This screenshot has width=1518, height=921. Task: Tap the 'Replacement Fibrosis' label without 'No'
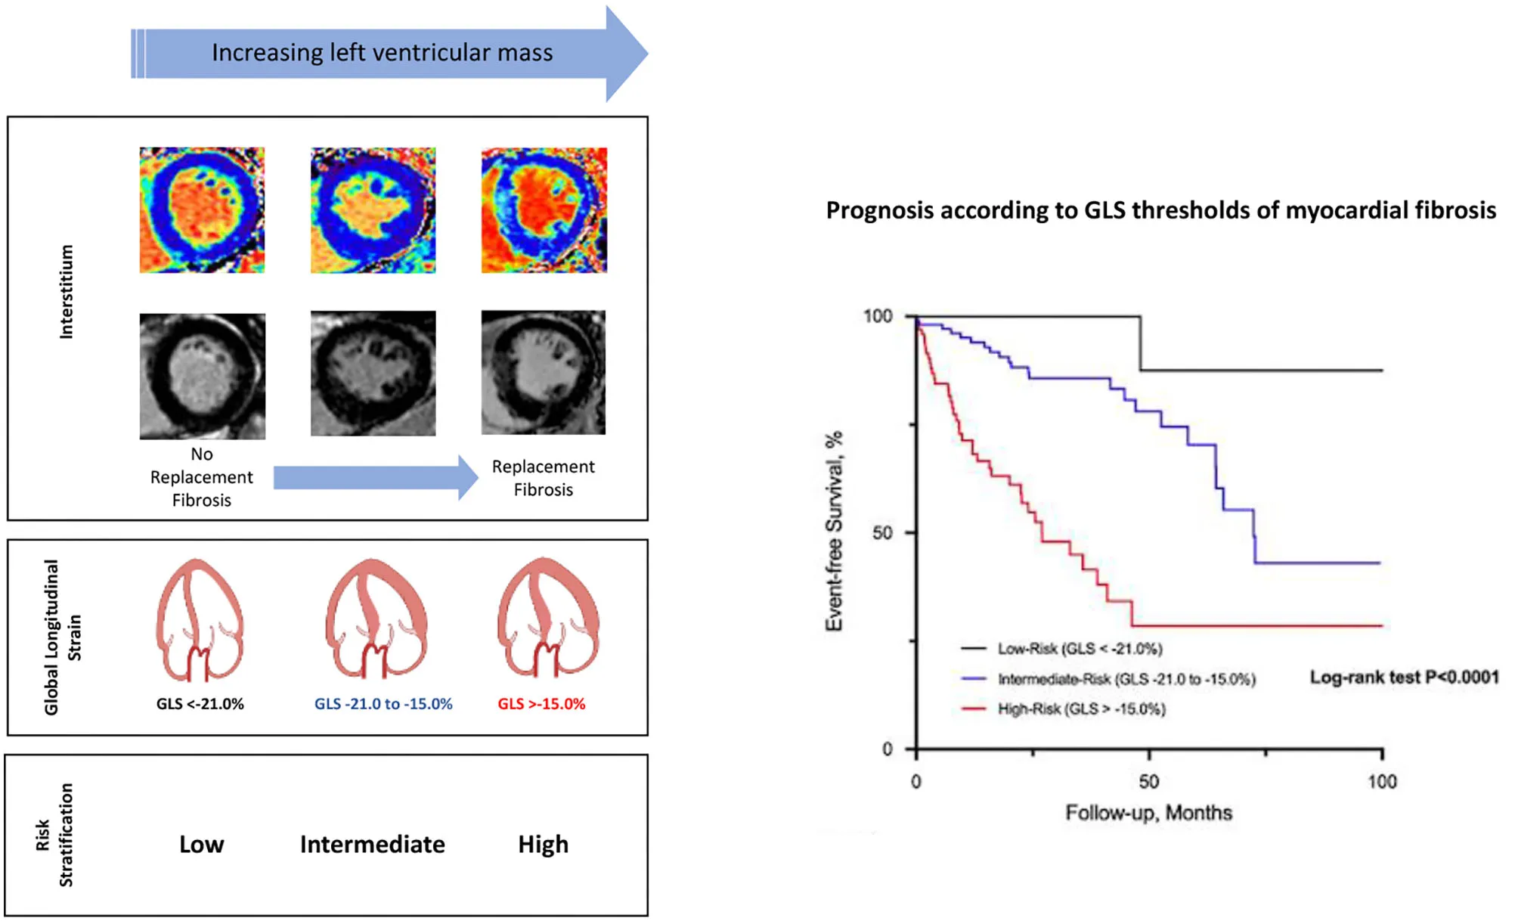(543, 478)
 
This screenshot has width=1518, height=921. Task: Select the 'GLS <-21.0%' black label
(200, 704)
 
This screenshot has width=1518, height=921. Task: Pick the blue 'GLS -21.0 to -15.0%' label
(383, 704)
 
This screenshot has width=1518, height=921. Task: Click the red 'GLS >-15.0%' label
(541, 704)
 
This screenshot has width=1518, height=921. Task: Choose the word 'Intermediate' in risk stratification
(372, 844)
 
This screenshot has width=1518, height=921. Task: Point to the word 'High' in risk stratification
(543, 844)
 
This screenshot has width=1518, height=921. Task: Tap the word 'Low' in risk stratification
(201, 844)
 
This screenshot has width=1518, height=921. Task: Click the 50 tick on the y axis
(882, 533)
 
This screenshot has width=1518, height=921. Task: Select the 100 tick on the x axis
(1382, 781)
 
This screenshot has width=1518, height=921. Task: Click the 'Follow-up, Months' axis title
(1148, 813)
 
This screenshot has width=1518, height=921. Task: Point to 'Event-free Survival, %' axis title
(834, 531)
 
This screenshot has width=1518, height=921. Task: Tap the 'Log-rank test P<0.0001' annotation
(1404, 678)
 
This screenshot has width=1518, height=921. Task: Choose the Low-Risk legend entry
(1079, 649)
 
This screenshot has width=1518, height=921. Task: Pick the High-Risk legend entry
(1081, 709)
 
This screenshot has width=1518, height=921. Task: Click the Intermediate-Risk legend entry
(1126, 679)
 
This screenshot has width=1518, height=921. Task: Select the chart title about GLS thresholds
(1160, 210)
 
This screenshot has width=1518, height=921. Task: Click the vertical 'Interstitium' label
(67, 292)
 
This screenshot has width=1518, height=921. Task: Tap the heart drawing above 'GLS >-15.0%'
(548, 618)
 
